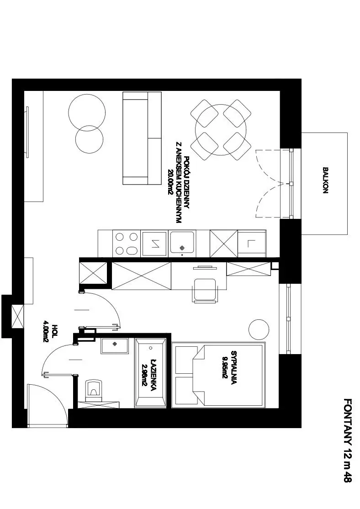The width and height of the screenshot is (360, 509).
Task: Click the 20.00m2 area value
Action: pyautogui.click(x=169, y=182)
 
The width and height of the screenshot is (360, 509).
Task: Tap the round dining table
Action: pyautogui.click(x=221, y=130)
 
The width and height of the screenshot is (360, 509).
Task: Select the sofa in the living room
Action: pyautogui.click(x=142, y=138)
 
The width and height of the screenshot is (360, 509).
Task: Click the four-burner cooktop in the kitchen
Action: pyautogui.click(x=127, y=244)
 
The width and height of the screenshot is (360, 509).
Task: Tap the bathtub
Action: pyautogui.click(x=151, y=372)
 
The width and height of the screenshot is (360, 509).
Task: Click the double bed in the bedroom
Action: pyautogui.click(x=218, y=375)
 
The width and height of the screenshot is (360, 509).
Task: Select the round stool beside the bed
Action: pyautogui.click(x=259, y=329)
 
